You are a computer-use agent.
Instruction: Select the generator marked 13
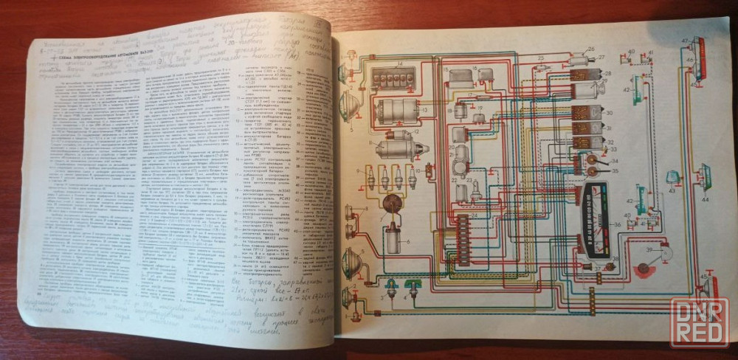pyautogui.click(x=396, y=112)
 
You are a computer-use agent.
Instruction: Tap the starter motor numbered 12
pyautogui.click(x=399, y=149)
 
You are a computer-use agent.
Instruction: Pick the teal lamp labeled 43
pyautogui.click(x=672, y=178)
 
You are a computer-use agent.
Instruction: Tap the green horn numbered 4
pyautogui.click(x=413, y=288)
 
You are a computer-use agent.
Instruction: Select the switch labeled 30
pyautogui.click(x=587, y=116)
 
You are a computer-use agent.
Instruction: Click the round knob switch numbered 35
pyautogui.click(x=593, y=172)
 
